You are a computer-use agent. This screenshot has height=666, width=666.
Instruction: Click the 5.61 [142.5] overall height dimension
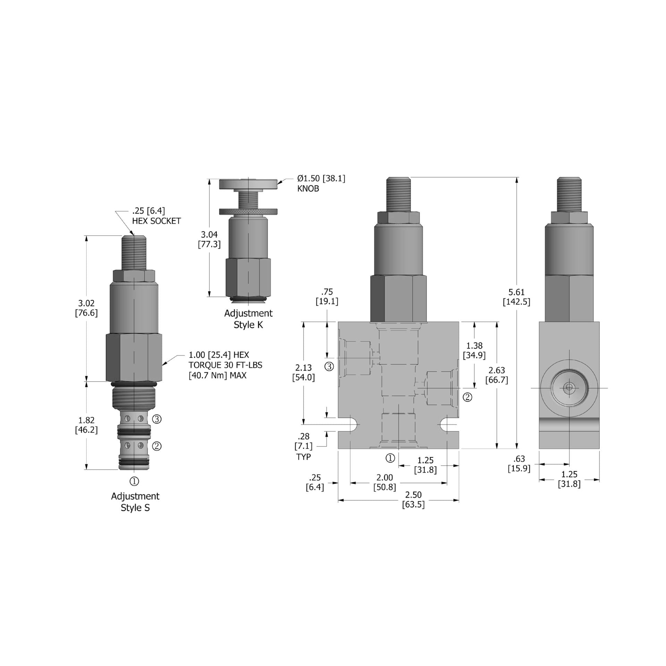tap(516, 297)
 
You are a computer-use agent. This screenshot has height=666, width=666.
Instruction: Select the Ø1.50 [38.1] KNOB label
tap(321, 183)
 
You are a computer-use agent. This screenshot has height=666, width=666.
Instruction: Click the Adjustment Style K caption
tap(248, 319)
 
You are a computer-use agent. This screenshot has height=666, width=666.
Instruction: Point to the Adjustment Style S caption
tap(135, 502)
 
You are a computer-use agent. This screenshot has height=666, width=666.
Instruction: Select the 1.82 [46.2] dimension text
tap(86, 425)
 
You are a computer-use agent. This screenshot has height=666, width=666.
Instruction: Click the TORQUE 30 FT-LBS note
tap(225, 365)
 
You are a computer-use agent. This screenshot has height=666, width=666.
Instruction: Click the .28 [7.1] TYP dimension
tap(304, 446)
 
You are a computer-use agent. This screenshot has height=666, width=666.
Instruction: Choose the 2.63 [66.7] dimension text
tap(497, 375)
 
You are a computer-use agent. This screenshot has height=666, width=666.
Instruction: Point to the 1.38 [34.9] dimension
tap(474, 350)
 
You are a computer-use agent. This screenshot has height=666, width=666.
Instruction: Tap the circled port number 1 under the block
tap(390, 458)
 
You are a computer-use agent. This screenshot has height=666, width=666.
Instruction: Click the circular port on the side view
tap(569, 388)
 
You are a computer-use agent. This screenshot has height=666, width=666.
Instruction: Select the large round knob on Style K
tap(248, 184)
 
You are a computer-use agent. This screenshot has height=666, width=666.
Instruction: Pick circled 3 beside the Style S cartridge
tap(157, 419)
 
